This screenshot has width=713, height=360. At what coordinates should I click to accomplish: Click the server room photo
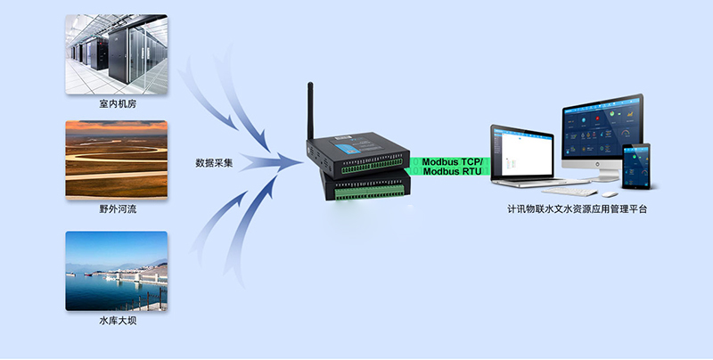point(116,53)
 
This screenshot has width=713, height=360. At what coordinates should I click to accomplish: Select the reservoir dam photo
point(116,271)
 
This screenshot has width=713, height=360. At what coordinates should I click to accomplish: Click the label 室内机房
point(118,104)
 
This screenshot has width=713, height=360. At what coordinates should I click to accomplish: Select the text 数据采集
point(215,163)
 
